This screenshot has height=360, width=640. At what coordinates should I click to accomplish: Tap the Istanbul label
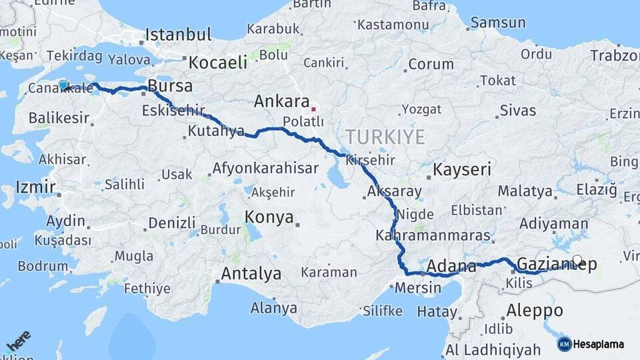tap(178, 35)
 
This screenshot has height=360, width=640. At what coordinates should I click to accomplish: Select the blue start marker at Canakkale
tap(63, 85)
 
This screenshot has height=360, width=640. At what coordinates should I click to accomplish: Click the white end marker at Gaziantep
tap(577, 261)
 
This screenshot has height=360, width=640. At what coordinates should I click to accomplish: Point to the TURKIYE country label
tap(385, 137)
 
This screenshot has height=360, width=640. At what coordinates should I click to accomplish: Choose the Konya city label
tap(269, 217)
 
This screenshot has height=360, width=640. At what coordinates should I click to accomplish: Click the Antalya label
tap(251, 273)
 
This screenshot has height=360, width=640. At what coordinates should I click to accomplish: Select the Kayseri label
tap(461, 169)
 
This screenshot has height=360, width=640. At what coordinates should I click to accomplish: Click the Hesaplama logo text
tap(598, 344)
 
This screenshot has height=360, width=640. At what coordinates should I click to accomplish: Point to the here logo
tap(18, 342)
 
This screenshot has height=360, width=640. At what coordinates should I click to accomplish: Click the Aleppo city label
tap(535, 310)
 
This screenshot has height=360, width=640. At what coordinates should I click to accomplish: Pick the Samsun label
tap(497, 23)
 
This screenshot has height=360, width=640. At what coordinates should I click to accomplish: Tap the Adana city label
tap(451, 267)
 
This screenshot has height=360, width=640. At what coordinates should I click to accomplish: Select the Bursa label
tap(170, 86)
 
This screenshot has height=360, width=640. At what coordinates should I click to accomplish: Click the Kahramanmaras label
tap(433, 236)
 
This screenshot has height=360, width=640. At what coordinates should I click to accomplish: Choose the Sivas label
tap(517, 110)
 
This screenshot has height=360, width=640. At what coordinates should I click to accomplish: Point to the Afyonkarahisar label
tap(265, 168)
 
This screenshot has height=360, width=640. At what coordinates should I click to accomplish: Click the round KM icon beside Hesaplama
tap(564, 344)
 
